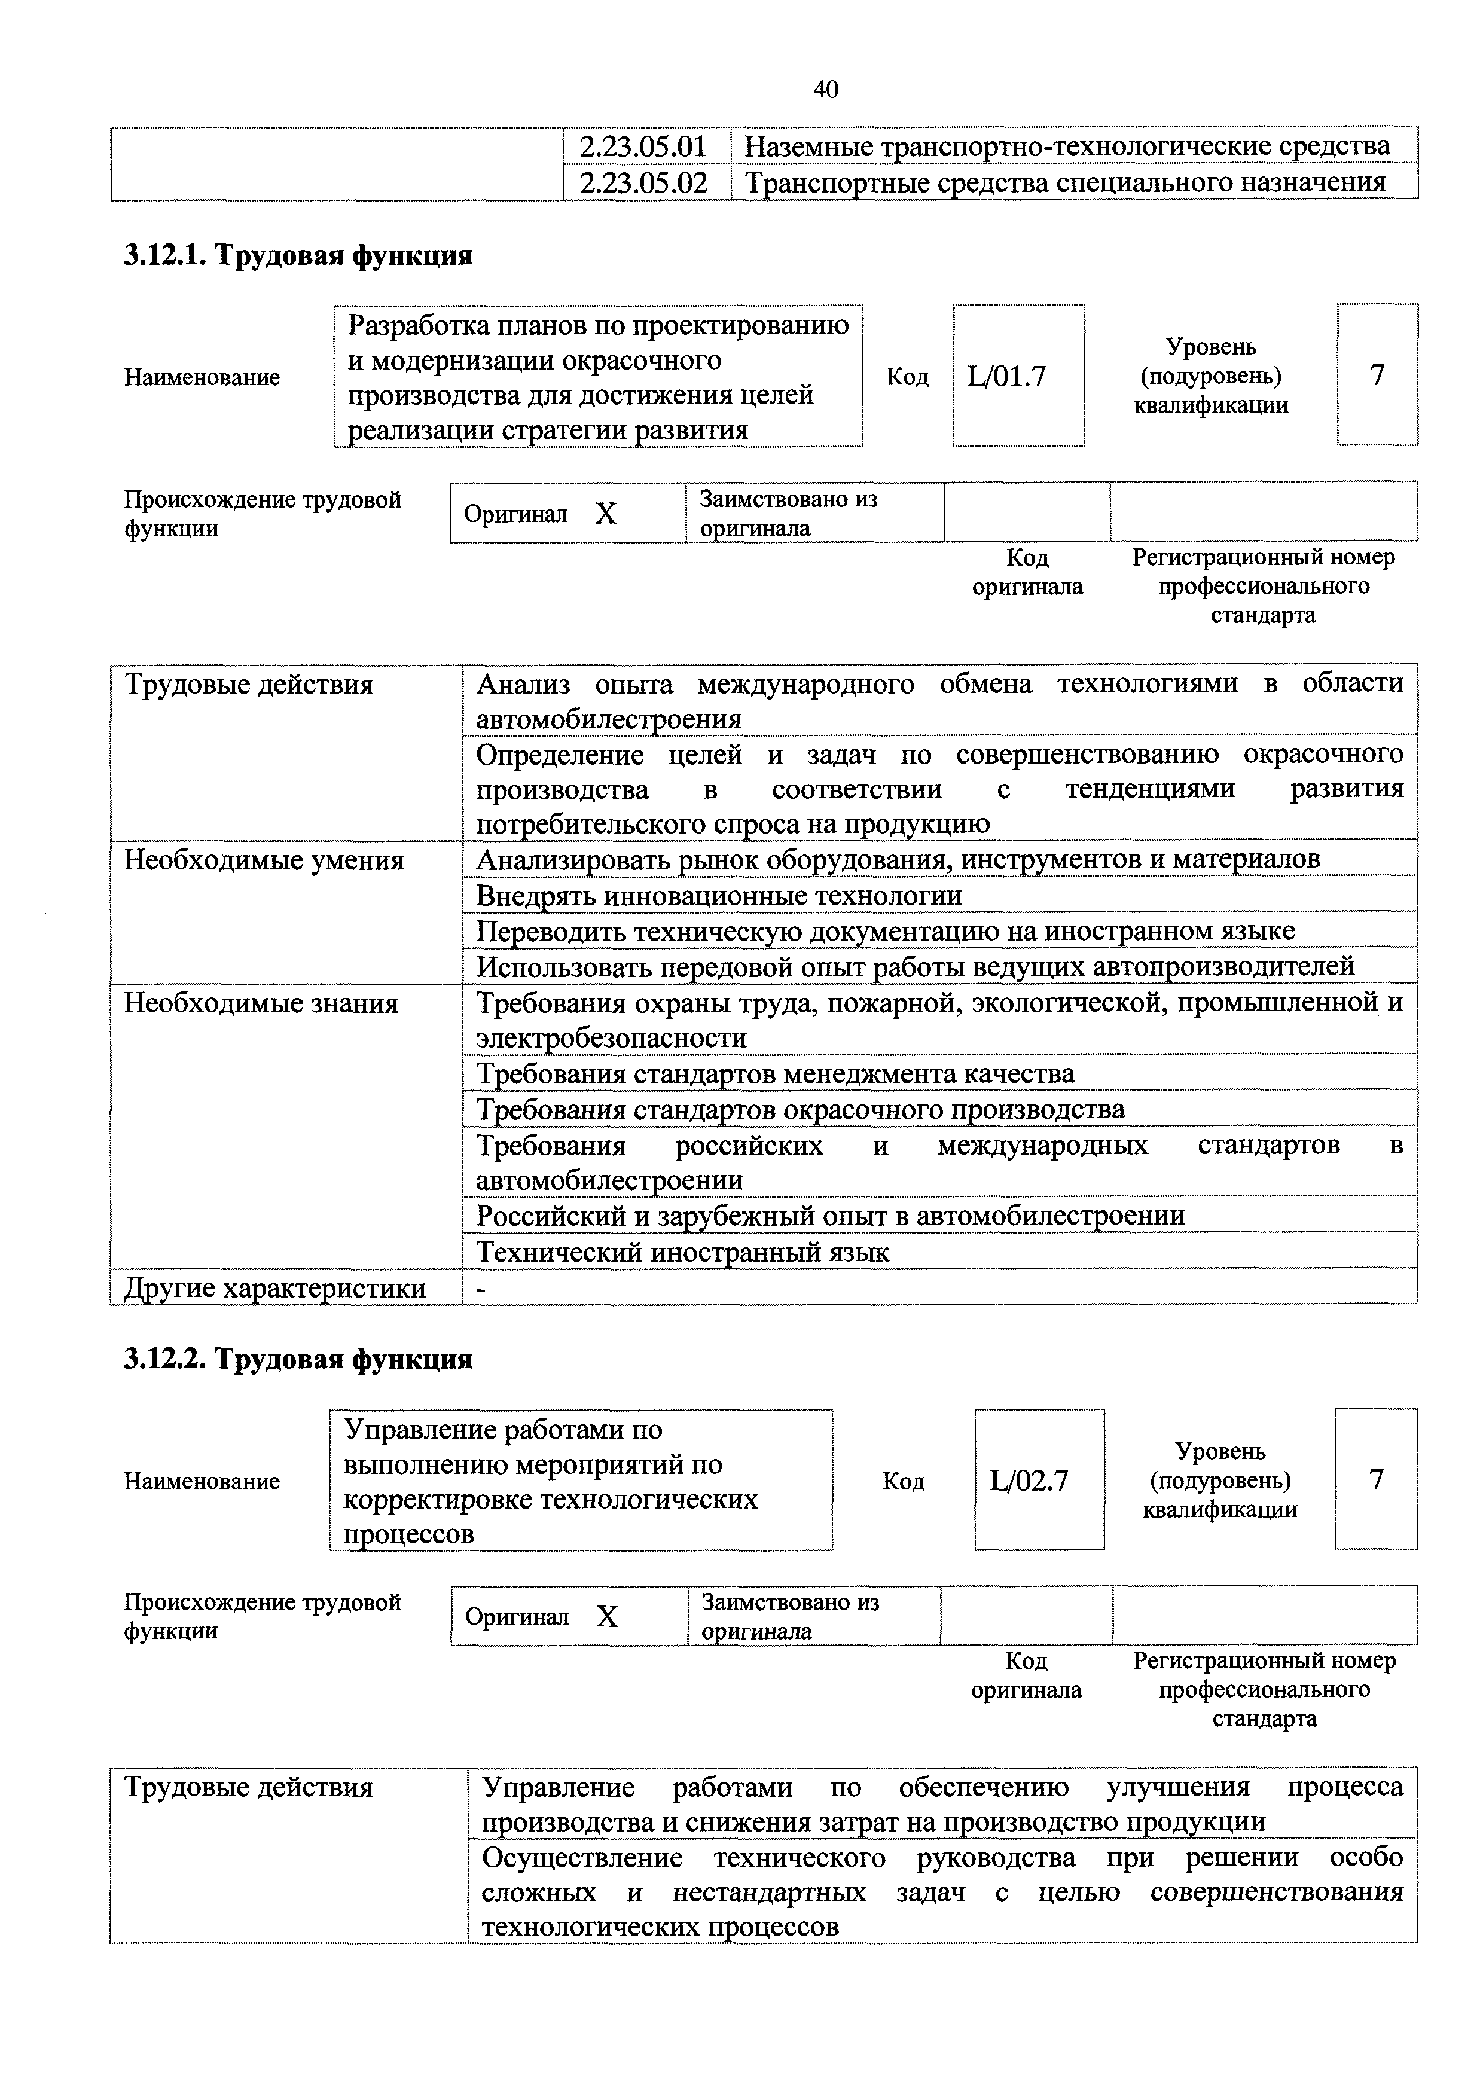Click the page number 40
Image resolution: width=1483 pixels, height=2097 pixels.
[825, 90]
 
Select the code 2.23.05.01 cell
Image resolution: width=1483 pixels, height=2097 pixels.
[645, 146]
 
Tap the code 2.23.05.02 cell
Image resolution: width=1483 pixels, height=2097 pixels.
[645, 182]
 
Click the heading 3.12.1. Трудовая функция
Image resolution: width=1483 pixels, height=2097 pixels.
[298, 255]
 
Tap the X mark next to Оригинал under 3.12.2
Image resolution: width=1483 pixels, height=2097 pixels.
[606, 1617]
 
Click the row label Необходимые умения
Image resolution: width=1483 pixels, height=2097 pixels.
[264, 860]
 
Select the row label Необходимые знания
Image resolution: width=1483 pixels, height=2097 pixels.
[261, 1004]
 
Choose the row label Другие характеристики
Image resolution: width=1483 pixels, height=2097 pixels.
[274, 1288]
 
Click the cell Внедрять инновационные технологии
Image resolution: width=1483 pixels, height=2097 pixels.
[719, 896]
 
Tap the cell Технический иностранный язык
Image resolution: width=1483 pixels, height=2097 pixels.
[682, 1252]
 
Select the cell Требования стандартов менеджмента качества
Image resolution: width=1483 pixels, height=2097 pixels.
[776, 1074]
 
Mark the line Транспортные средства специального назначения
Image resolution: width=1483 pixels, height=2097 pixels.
[1065, 182]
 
